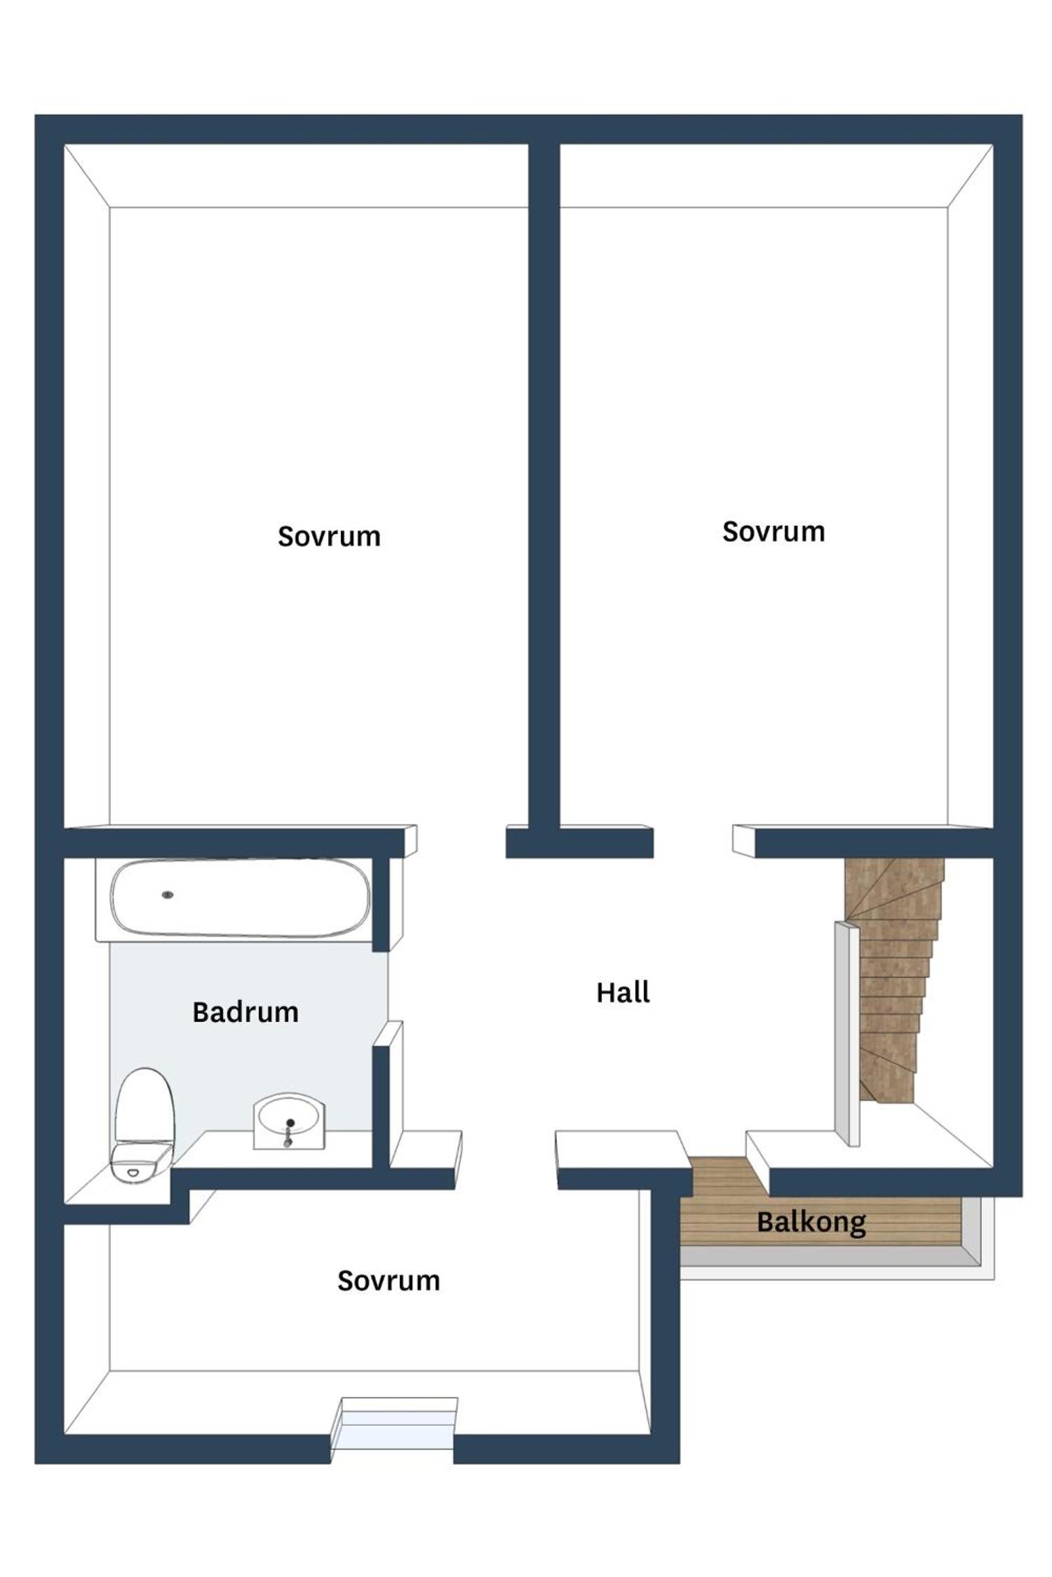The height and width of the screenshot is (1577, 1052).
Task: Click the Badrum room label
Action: coord(245,1012)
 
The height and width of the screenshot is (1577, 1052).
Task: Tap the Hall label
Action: coord(623,992)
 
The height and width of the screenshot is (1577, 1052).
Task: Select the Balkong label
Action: coord(811,1222)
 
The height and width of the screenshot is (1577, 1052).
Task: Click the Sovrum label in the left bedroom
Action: coord(329,536)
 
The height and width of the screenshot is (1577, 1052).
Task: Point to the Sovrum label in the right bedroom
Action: coord(774,531)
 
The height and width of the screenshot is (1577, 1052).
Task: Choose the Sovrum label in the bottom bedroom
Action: coord(389,1281)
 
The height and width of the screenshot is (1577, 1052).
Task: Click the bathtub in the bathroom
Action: coord(240,898)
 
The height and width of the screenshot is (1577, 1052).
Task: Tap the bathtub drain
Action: coord(168,895)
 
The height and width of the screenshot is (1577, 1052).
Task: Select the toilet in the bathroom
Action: coord(143,1125)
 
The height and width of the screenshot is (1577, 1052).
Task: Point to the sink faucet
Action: coord(288,1133)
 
